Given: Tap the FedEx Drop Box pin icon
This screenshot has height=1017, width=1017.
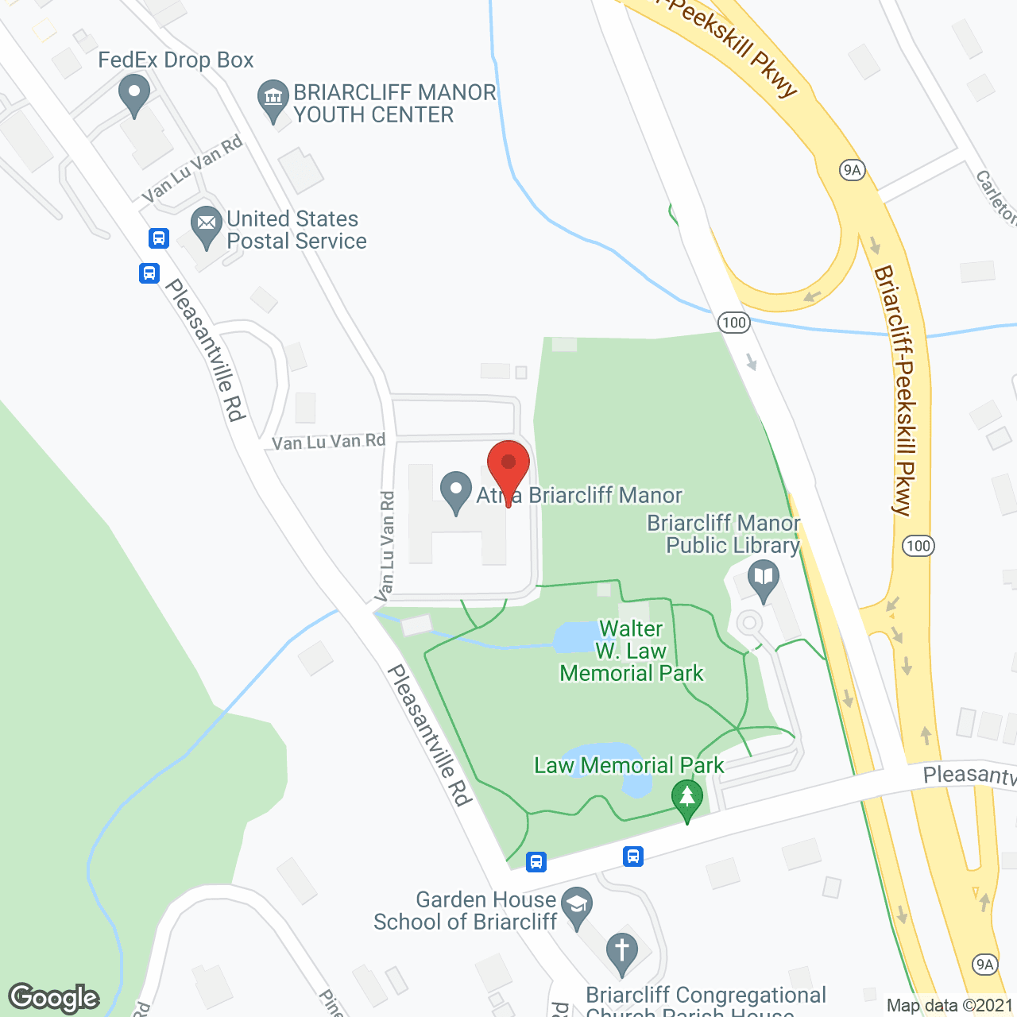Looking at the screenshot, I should pyautogui.click(x=134, y=95).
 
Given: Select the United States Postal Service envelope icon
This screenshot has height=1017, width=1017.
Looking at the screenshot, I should pyautogui.click(x=207, y=226).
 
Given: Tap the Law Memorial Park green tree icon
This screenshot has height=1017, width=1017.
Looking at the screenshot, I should pyautogui.click(x=687, y=799).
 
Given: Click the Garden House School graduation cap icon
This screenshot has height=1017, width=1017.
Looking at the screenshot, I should pyautogui.click(x=577, y=907).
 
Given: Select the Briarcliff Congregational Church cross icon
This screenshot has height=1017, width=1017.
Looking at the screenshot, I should pyautogui.click(x=621, y=952).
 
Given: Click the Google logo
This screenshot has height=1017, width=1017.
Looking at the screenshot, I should pyautogui.click(x=54, y=998).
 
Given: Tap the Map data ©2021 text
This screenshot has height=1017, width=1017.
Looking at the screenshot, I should pyautogui.click(x=949, y=1005).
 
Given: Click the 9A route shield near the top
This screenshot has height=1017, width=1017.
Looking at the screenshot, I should pyautogui.click(x=852, y=169).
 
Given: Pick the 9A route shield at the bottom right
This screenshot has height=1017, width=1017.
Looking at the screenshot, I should pyautogui.click(x=985, y=965).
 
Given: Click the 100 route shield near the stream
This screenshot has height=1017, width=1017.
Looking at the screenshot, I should pyautogui.click(x=733, y=322).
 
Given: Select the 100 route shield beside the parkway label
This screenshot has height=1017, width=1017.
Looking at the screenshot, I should pyautogui.click(x=918, y=546).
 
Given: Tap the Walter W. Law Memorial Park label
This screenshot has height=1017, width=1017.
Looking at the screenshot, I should pyautogui.click(x=632, y=651).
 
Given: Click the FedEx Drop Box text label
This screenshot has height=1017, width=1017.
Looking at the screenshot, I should pyautogui.click(x=176, y=60).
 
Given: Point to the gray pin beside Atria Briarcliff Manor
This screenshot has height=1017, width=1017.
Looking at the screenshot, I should pyautogui.click(x=456, y=492).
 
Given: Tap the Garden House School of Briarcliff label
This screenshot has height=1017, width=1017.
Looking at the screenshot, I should pyautogui.click(x=465, y=911).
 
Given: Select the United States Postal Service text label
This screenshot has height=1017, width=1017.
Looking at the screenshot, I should pyautogui.click(x=296, y=230).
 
